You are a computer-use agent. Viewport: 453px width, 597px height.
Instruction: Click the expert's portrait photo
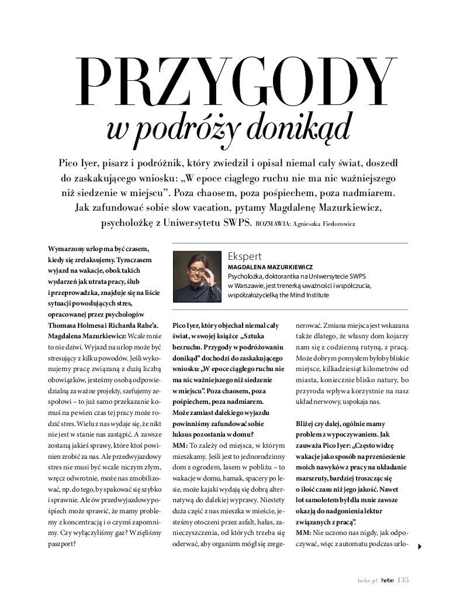(x=198, y=276)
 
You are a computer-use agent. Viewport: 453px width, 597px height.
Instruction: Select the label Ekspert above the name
(x=244, y=256)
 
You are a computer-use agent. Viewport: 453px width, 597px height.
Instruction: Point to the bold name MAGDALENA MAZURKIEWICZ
(x=270, y=266)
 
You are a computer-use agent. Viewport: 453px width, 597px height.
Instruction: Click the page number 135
(x=403, y=580)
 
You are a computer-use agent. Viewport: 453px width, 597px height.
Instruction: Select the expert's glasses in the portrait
(x=197, y=270)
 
